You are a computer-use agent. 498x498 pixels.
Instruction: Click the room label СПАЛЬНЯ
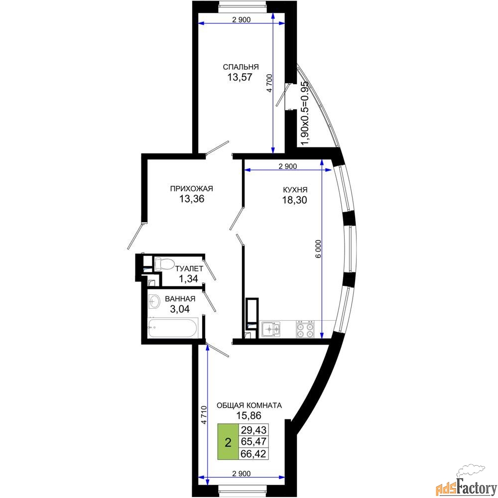pos(241,67)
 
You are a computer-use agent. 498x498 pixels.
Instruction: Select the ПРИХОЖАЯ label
pos(192,189)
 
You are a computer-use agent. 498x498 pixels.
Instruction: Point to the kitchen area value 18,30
pos(295,200)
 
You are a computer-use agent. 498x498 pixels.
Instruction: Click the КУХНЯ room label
pos(295,190)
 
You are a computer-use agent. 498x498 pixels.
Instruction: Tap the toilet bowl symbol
pos(163,263)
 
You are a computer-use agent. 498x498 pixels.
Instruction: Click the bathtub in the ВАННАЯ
pos(173,328)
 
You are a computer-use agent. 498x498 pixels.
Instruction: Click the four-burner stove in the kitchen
pos(305,329)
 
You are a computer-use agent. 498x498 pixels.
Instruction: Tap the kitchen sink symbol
pos(270,329)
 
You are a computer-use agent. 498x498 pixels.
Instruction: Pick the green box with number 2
pos(228,442)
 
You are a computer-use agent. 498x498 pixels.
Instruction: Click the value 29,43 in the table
pos(254,430)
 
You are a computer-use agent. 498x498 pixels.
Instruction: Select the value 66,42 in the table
pos(254,454)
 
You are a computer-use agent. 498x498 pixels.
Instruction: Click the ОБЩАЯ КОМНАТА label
pos(249,405)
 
